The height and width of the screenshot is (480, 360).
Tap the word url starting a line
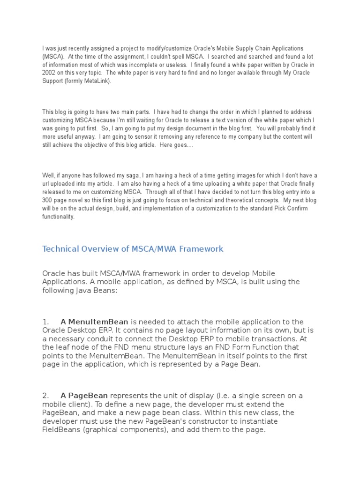(x=46, y=183)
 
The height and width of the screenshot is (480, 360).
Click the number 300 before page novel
(x=48, y=200)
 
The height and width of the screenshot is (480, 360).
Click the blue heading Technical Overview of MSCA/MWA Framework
(x=133, y=249)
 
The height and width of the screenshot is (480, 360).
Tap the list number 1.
(x=45, y=322)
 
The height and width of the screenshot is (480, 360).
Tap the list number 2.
(x=46, y=396)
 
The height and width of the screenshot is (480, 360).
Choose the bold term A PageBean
(x=84, y=396)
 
